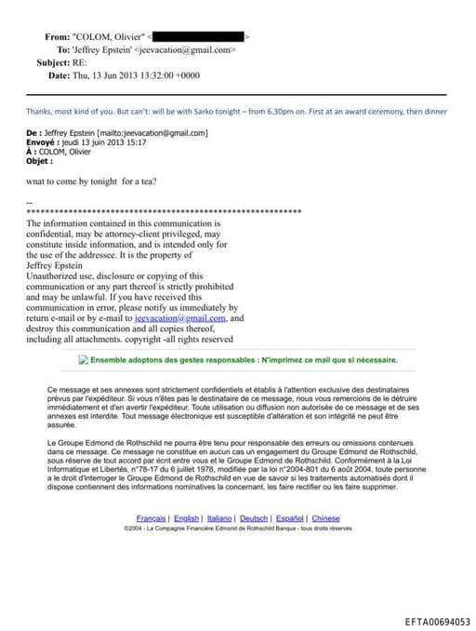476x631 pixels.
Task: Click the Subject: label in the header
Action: point(54,62)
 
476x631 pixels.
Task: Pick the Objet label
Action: point(40,161)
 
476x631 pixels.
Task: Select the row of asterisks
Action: point(164,212)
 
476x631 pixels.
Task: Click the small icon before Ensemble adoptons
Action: point(84,359)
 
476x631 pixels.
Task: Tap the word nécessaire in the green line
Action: point(371,359)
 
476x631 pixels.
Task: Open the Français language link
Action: point(152,517)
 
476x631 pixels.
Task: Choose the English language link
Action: point(187,517)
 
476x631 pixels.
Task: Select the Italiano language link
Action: point(219,517)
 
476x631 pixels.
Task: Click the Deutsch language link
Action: point(255,517)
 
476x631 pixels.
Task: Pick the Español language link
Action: point(290,517)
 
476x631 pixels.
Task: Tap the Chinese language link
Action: point(325,517)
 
